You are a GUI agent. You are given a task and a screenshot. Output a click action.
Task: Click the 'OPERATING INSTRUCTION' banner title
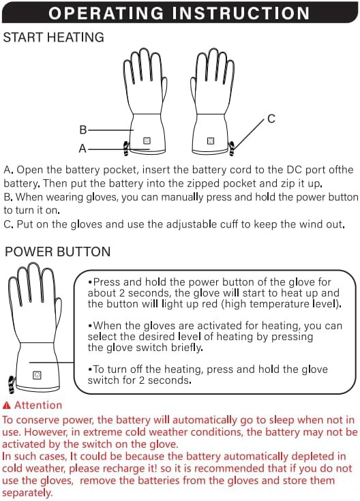(179, 13)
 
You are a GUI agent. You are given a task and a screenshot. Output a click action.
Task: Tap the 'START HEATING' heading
(53, 37)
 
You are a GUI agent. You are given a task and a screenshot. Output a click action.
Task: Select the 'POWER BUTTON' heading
(57, 252)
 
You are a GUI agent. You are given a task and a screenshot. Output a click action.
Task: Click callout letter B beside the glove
(82, 130)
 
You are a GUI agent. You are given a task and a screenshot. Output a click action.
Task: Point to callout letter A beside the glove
(82, 149)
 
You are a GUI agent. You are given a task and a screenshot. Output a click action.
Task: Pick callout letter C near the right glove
(271, 119)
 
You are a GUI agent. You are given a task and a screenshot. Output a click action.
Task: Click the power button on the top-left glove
(147, 140)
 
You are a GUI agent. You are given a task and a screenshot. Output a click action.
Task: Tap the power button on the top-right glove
(211, 140)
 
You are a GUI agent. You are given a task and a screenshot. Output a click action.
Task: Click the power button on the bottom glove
(37, 375)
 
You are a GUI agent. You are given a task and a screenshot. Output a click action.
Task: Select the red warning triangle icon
(7, 406)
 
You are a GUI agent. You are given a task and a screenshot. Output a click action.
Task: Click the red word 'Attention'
(38, 405)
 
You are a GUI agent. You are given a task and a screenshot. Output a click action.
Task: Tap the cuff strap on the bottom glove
(12, 384)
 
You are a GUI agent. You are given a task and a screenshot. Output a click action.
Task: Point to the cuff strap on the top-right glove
(231, 149)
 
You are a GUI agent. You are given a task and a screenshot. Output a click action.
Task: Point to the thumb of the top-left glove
(164, 91)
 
